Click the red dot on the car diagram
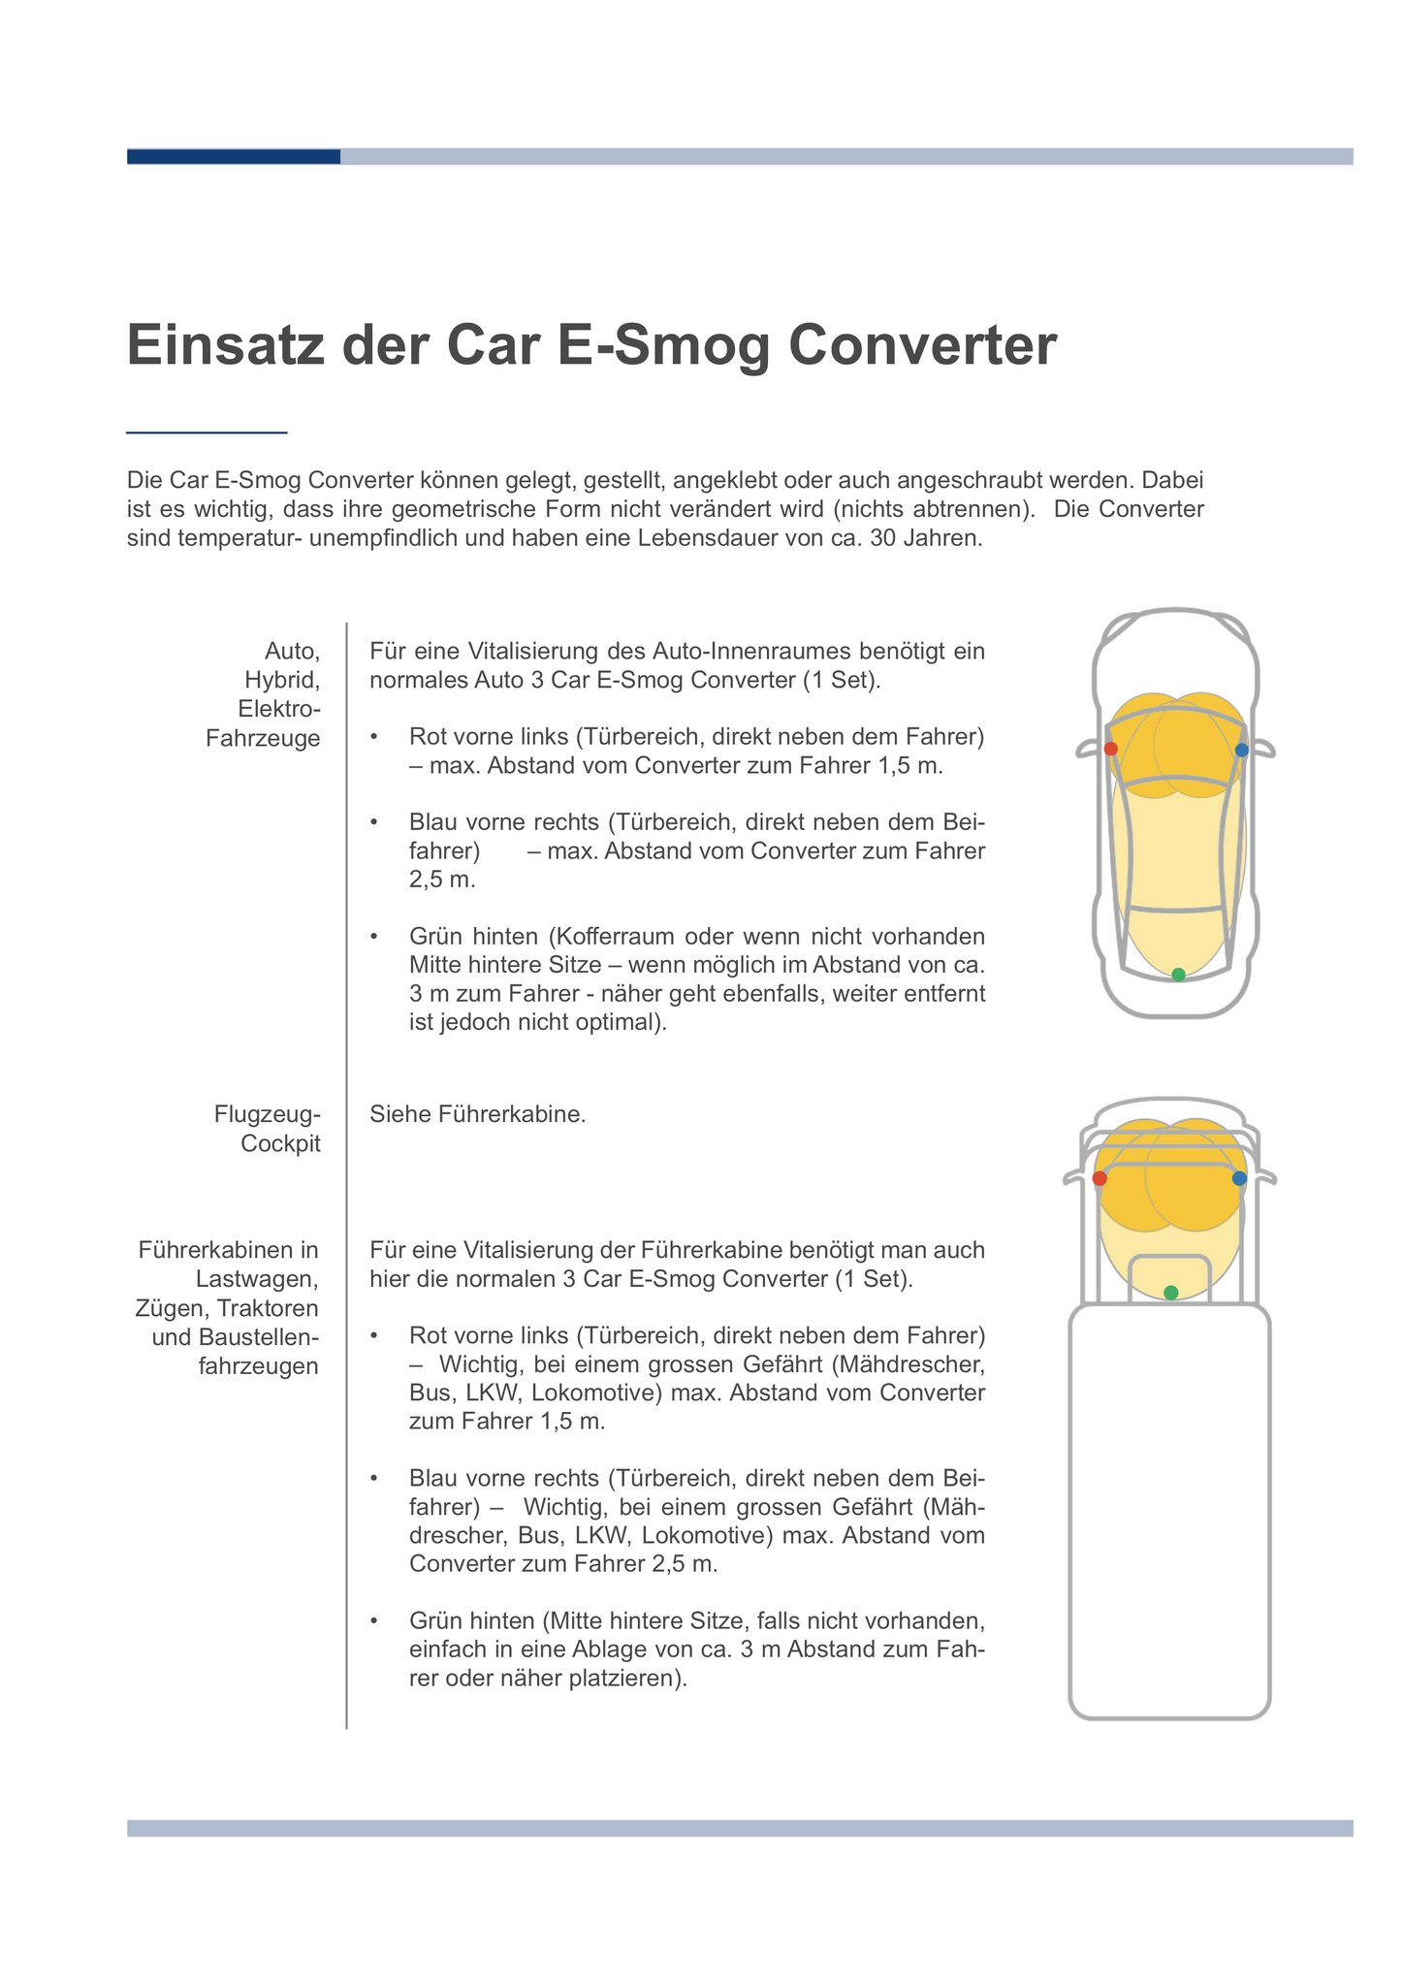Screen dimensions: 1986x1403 point(1111,749)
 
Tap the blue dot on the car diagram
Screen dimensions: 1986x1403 point(1242,750)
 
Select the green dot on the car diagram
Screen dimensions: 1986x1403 point(1178,975)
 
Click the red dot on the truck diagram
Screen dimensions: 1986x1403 point(1100,1178)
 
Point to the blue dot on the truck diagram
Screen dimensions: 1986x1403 point(1239,1178)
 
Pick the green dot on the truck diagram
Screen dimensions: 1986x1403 point(1170,1293)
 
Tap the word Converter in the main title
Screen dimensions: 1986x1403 point(921,346)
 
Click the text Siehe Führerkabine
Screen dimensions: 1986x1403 point(477,1114)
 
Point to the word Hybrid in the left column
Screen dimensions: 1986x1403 point(282,680)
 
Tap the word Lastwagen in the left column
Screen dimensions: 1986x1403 point(257,1279)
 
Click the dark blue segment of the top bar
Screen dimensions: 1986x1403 point(233,156)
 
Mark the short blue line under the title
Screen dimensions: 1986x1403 point(207,432)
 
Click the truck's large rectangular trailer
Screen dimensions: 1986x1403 point(1169,1513)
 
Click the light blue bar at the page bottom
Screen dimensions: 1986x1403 point(739,1828)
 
